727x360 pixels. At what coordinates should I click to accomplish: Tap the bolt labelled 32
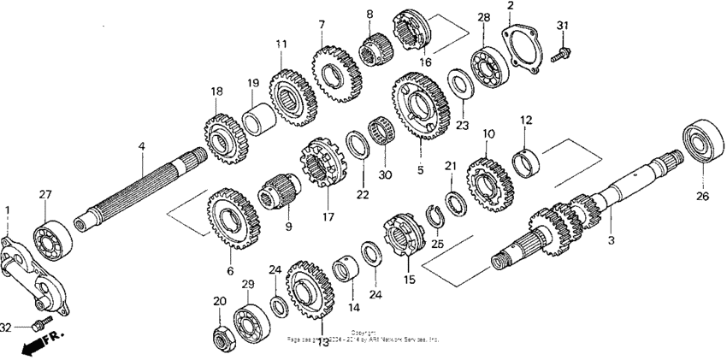tap(39, 325)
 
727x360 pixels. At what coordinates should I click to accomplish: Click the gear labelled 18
tap(222, 132)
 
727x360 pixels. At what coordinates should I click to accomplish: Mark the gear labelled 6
tap(232, 218)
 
